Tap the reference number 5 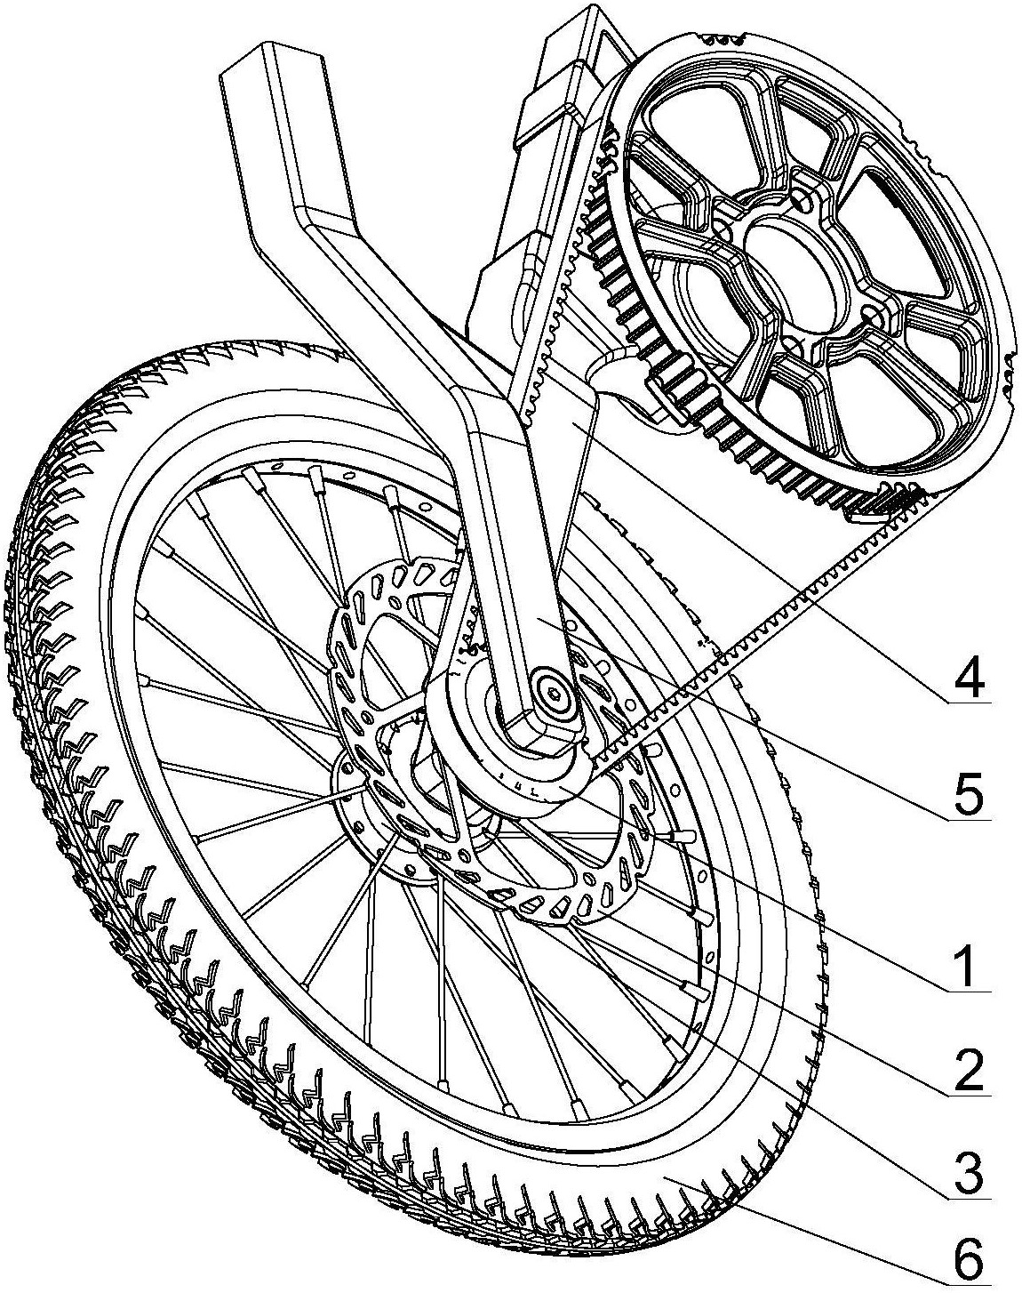click(x=967, y=797)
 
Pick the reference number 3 click(x=967, y=1175)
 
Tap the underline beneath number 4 click(x=967, y=703)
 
